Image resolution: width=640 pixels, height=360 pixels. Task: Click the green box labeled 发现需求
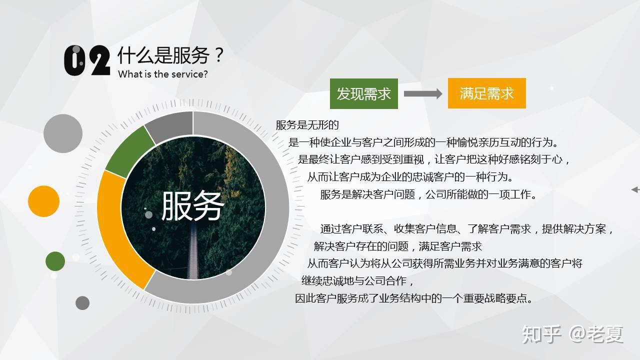(363, 93)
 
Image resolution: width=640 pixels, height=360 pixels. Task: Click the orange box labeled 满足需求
(486, 93)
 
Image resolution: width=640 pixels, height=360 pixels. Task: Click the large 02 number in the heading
(87, 60)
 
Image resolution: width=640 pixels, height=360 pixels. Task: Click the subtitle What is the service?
(162, 74)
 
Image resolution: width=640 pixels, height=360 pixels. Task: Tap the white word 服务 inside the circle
(192, 206)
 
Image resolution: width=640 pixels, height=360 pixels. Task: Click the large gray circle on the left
(63, 133)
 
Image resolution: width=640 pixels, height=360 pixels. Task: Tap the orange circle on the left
(44, 201)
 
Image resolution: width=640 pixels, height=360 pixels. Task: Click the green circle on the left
(55, 261)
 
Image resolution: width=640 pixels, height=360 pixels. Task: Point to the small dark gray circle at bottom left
(82, 302)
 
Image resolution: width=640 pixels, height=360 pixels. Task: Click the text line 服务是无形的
(307, 125)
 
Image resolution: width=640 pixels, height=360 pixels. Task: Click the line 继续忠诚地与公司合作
(357, 281)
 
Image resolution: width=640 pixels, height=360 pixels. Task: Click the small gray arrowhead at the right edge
(635, 189)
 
